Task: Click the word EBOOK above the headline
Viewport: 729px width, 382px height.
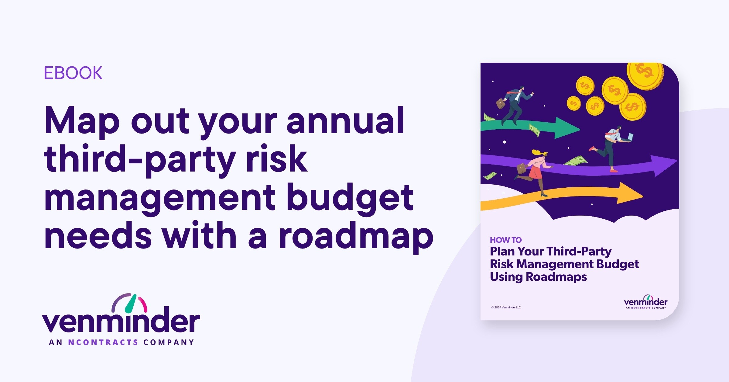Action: (73, 73)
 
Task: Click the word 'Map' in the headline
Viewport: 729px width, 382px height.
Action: (82, 121)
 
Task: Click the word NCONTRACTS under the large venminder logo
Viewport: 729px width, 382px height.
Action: (103, 342)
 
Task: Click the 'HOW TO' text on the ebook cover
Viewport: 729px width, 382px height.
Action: (506, 240)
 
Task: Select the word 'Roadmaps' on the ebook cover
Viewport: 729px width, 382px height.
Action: (556, 277)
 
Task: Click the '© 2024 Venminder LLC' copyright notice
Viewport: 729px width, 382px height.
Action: (506, 307)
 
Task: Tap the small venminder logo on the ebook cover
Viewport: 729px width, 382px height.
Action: (645, 302)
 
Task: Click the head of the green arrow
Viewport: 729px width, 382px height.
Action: (567, 128)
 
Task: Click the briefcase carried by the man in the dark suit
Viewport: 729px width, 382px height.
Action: (501, 103)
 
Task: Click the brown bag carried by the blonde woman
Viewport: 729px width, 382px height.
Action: (522, 168)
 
